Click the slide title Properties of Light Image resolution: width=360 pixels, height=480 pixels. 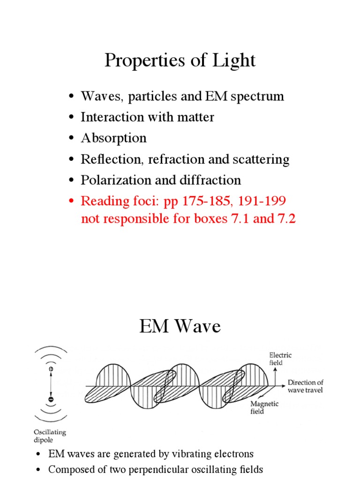click(180, 61)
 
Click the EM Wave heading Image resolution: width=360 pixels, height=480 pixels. click(180, 326)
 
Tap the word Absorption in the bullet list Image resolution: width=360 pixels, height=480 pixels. click(113, 138)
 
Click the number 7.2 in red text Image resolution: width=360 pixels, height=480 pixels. click(285, 218)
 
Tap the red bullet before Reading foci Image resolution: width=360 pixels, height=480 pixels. click(72, 202)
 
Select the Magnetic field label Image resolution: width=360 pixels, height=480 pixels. click(265, 407)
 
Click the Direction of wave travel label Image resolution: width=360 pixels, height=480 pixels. click(305, 386)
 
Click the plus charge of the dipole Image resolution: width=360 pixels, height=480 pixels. click(51, 369)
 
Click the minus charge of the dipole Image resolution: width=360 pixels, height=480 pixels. click(51, 399)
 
